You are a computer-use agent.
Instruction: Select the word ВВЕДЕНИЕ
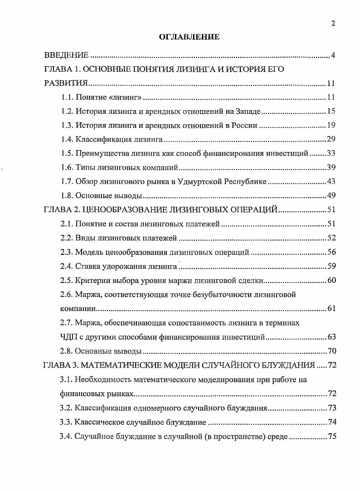pyautogui.click(x=66, y=56)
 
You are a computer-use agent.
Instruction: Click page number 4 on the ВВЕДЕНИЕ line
pyautogui.click(x=332, y=56)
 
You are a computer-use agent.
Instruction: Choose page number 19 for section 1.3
pyautogui.click(x=331, y=125)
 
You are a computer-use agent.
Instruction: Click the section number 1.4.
pyautogui.click(x=67, y=139)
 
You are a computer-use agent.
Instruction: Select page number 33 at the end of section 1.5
pyautogui.click(x=331, y=153)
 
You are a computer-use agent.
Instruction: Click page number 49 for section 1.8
pyautogui.click(x=331, y=196)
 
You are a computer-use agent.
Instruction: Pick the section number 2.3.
pyautogui.click(x=67, y=252)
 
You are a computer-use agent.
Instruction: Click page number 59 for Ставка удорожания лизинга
pyautogui.click(x=331, y=266)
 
